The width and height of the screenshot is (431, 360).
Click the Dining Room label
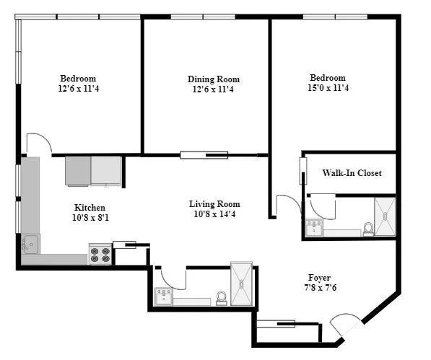pos(214,79)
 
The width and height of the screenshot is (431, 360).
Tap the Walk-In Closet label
pos(352,173)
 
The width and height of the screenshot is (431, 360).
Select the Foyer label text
pos(320,278)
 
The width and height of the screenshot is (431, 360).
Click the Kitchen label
pos(90,208)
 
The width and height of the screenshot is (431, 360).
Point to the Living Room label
pos(214,204)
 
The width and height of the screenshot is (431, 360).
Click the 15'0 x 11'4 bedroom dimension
pos(328,89)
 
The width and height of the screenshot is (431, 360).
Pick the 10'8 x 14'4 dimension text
pos(214,214)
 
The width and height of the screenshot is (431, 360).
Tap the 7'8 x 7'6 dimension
pos(320,288)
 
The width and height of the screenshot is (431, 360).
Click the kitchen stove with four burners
pos(100,255)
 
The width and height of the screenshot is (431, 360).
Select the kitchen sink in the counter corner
pos(30,244)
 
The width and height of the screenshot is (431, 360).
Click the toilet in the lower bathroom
pos(222,297)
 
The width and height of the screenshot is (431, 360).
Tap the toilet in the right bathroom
pos(368,229)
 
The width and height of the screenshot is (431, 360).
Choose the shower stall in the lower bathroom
pos(241,284)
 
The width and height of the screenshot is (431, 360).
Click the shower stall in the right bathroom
pos(385,216)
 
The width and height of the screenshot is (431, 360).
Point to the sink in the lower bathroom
pos(164,296)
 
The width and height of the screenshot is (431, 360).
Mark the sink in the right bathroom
pos(314,228)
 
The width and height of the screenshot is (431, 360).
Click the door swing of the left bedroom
pos(39,143)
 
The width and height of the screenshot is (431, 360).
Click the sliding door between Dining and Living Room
pos(204,154)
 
